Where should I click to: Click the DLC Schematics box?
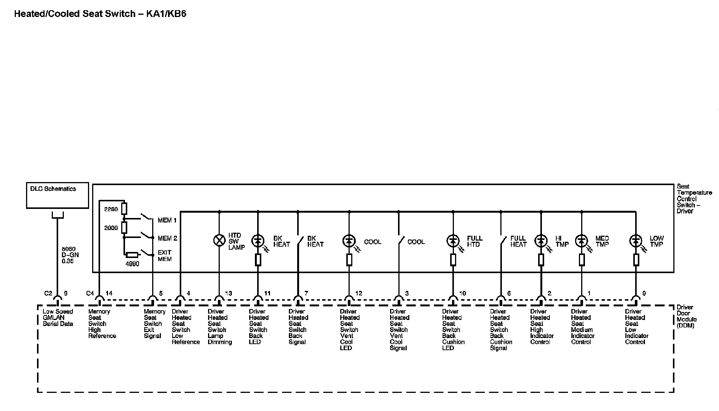[x=57, y=195]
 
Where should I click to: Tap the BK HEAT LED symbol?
[x=258, y=241]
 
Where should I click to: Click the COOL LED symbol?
[x=349, y=241]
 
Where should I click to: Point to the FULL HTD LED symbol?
[x=453, y=241]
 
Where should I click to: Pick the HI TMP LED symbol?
[x=541, y=241]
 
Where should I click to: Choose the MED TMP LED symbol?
[x=582, y=241]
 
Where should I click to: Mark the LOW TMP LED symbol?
[x=636, y=241]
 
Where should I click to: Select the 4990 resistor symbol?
[x=132, y=255]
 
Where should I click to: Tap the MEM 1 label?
[x=167, y=220]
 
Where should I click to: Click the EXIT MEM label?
[x=165, y=256]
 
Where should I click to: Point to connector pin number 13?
[x=228, y=293]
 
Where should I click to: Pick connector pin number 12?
[x=358, y=293]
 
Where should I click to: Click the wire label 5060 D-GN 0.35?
[x=70, y=255]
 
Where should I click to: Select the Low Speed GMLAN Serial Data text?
[x=58, y=318]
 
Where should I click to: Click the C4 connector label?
[x=90, y=293]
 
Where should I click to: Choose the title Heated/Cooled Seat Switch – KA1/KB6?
[x=100, y=14]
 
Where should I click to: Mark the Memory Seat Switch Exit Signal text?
[x=154, y=324]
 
